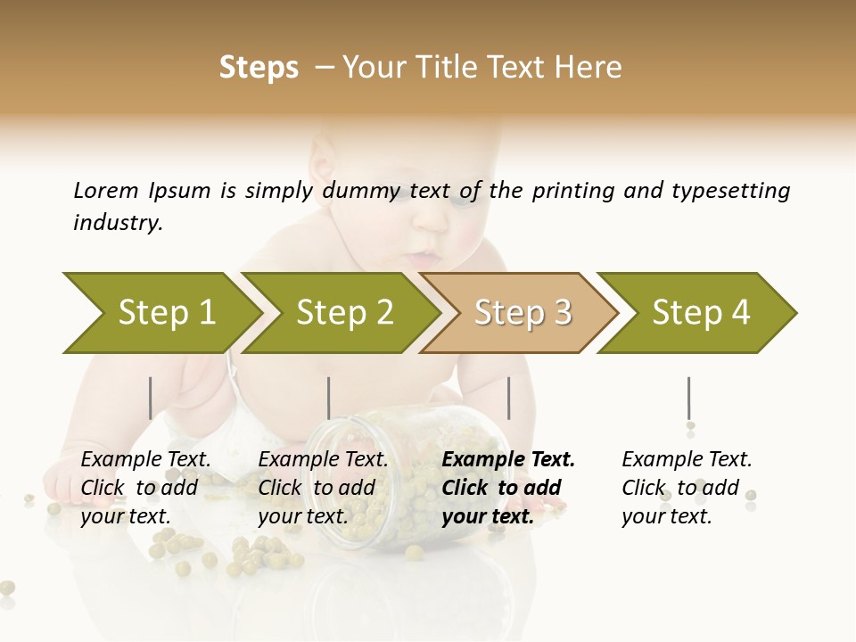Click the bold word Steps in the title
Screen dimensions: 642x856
259,67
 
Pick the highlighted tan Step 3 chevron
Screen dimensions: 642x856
522,313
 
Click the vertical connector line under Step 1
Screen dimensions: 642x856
150,398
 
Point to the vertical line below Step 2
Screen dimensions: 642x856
329,398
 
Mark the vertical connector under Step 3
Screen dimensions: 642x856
508,398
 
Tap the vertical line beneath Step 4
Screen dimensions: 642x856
688,398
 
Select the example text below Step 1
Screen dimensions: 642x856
145,488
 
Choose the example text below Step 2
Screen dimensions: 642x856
323,488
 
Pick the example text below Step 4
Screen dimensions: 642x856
687,488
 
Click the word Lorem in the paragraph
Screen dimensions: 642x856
106,190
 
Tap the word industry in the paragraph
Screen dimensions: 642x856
118,222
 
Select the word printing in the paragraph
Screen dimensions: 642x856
570,191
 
